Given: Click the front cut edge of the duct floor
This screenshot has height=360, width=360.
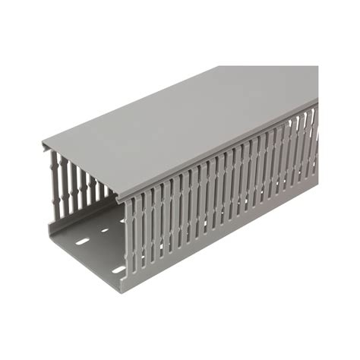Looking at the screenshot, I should [x=84, y=263].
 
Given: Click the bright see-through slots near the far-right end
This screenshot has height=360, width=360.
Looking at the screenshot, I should [x=304, y=144].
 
